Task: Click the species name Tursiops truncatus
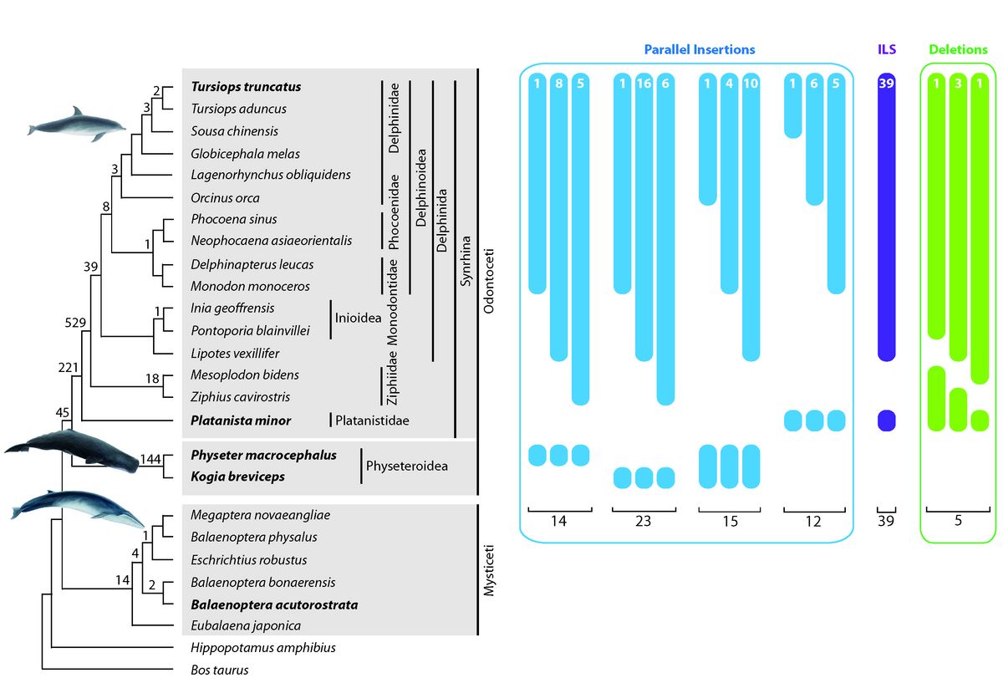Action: pos(246,86)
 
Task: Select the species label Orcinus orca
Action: pos(225,198)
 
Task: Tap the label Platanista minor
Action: pos(241,421)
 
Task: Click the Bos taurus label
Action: pos(219,669)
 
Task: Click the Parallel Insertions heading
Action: pos(699,49)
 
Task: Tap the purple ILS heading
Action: pos(886,49)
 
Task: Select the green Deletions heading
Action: pos(958,49)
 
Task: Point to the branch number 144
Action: pos(150,458)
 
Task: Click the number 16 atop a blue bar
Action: pos(644,84)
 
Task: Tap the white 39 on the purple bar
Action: pos(886,84)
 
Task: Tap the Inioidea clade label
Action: pos(359,319)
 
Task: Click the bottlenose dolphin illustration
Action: pos(77,121)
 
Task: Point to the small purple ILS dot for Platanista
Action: pos(886,421)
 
